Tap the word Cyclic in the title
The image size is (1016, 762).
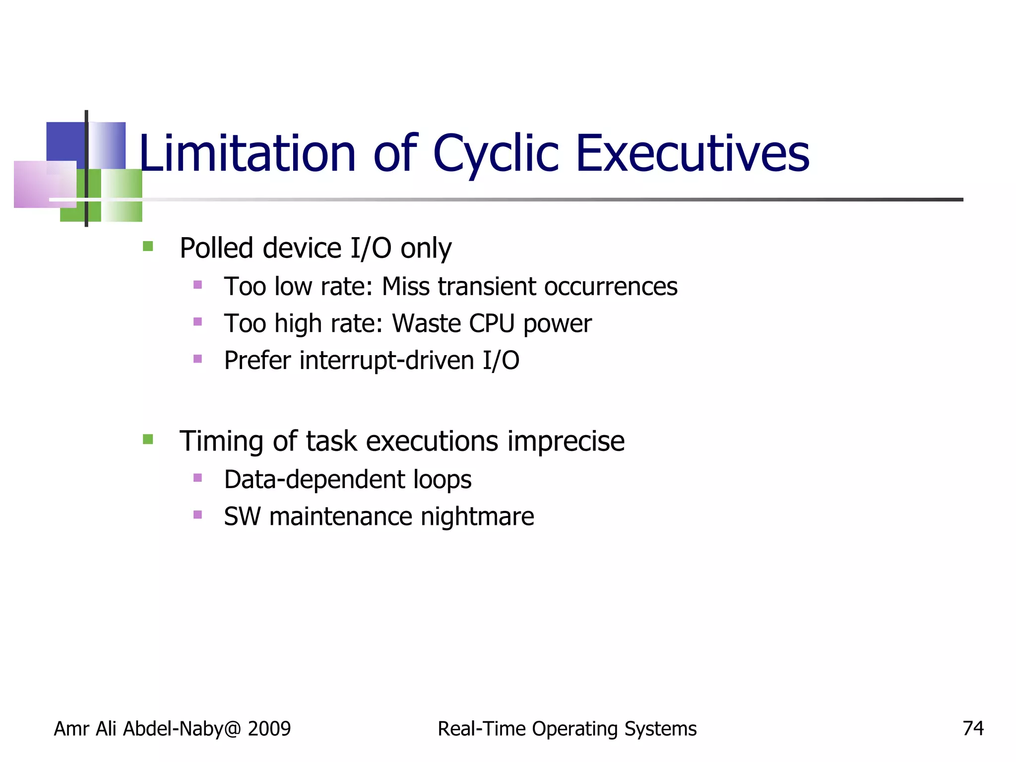[496, 154]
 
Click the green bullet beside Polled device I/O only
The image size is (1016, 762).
[148, 246]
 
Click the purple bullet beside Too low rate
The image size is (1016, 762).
[197, 285]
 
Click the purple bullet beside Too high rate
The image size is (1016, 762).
[197, 321]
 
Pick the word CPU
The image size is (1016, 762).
[492, 323]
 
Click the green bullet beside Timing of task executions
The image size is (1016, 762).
[148, 439]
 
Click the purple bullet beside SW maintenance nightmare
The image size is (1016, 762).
[197, 514]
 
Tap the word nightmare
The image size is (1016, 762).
[477, 516]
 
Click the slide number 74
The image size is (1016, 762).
[973, 728]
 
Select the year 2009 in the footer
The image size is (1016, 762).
[269, 729]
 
